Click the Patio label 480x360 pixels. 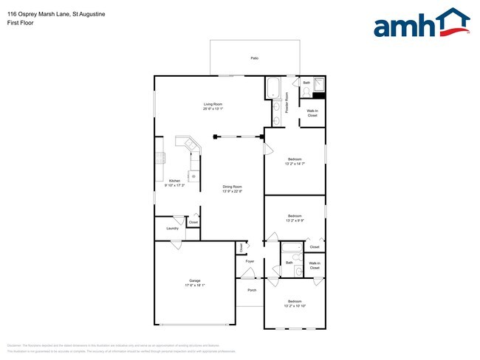pos(254,58)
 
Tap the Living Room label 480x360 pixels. pos(213,104)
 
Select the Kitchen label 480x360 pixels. pos(174,181)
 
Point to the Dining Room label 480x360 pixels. pos(233,187)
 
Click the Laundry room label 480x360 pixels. pos(172,229)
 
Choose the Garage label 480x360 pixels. pos(194,280)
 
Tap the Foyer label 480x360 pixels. pos(250,261)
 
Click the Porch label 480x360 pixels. pos(250,291)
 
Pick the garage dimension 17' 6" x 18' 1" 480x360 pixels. pos(194,285)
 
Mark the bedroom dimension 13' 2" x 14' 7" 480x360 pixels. pos(295,164)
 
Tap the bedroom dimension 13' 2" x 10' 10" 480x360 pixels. pos(295,306)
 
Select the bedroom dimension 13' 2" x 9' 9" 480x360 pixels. pos(295,221)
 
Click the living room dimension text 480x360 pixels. pos(213,109)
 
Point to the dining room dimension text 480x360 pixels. pos(233,192)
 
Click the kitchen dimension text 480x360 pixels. pos(174,186)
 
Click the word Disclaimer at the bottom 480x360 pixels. pos(14,345)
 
